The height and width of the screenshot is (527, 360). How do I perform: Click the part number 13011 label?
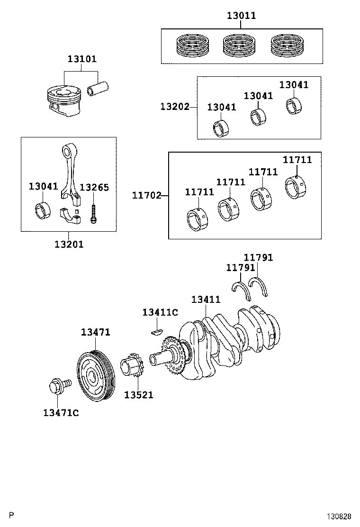click(241, 16)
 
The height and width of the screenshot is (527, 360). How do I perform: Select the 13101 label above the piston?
click(82, 59)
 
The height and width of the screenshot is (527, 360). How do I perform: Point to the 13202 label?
click(175, 107)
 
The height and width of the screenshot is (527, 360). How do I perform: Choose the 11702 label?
click(146, 195)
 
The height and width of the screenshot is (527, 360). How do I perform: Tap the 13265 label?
click(94, 187)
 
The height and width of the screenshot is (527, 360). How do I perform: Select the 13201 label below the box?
click(69, 245)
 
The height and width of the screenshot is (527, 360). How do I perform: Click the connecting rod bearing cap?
click(70, 217)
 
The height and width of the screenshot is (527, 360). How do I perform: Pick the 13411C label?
click(160, 312)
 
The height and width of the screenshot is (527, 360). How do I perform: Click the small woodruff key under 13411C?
click(156, 332)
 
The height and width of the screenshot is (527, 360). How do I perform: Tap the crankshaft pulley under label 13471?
click(96, 376)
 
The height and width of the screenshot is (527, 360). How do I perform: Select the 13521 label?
click(138, 395)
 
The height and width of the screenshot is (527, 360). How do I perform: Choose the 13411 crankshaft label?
click(206, 300)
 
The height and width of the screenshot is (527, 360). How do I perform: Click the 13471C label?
click(61, 413)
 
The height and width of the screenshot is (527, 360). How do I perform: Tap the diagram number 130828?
click(339, 516)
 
